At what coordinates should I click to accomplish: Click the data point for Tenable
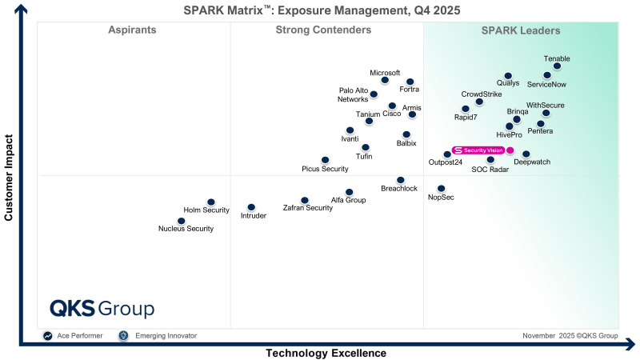click(557, 66)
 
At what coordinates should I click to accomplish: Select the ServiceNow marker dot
click(547, 75)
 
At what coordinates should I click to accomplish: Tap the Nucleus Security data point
click(182, 221)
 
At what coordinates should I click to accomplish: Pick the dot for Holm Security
click(211, 202)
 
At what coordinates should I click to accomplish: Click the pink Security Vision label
click(478, 150)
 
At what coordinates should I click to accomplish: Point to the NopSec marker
click(441, 189)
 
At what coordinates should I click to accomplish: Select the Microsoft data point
click(385, 80)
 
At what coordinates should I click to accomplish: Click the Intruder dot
click(251, 207)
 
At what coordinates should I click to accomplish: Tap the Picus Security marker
click(325, 160)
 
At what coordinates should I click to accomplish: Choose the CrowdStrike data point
click(479, 102)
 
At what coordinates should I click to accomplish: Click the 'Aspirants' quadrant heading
click(132, 30)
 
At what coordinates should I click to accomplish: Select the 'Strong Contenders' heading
click(323, 30)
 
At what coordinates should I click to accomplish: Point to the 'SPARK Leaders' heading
click(520, 30)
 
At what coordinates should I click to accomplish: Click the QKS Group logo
click(102, 309)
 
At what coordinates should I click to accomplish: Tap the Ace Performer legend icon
click(48, 336)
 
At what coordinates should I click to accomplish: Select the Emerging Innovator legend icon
click(123, 336)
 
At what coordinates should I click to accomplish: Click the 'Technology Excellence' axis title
click(326, 353)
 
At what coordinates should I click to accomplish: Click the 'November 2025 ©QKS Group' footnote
click(570, 336)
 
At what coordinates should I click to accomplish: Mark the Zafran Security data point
click(305, 200)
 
